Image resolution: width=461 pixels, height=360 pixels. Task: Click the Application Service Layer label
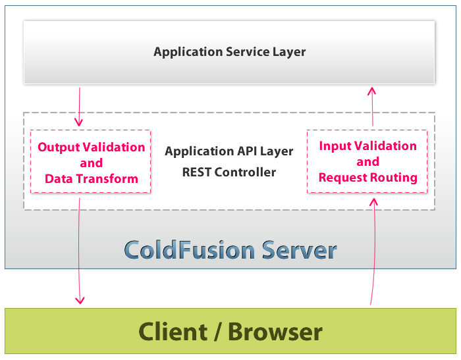pyautogui.click(x=230, y=52)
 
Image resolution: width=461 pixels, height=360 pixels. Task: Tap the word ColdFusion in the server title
pyautogui.click(x=190, y=250)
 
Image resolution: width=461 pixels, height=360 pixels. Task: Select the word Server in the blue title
pyautogui.click(x=299, y=250)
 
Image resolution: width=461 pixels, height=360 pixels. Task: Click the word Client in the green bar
pyautogui.click(x=173, y=332)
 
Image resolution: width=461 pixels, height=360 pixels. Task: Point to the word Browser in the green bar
pyautogui.click(x=275, y=332)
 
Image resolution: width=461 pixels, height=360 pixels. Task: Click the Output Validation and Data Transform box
pyautogui.click(x=91, y=161)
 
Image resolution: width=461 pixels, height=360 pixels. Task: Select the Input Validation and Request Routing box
pyautogui.click(x=367, y=161)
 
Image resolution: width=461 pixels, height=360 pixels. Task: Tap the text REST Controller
pyautogui.click(x=229, y=172)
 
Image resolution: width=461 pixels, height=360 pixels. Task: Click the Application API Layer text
pyautogui.click(x=229, y=151)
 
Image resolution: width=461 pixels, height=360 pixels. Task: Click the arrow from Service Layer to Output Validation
pyautogui.click(x=79, y=107)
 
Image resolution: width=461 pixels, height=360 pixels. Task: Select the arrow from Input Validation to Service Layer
pyautogui.click(x=372, y=107)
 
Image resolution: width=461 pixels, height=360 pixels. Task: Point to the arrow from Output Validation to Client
pyautogui.click(x=79, y=251)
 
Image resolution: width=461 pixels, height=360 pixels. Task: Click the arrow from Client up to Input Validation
pyautogui.click(x=373, y=251)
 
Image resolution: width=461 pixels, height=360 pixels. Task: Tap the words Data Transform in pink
pyautogui.click(x=92, y=178)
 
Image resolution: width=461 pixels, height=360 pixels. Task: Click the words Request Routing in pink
pyautogui.click(x=367, y=178)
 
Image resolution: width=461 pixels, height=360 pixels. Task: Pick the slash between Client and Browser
pyautogui.click(x=218, y=332)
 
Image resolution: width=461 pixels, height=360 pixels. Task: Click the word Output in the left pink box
pyautogui.click(x=59, y=147)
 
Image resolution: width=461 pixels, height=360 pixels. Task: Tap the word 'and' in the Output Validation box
pyautogui.click(x=92, y=163)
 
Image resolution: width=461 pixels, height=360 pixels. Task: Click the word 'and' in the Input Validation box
pyautogui.click(x=367, y=162)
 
